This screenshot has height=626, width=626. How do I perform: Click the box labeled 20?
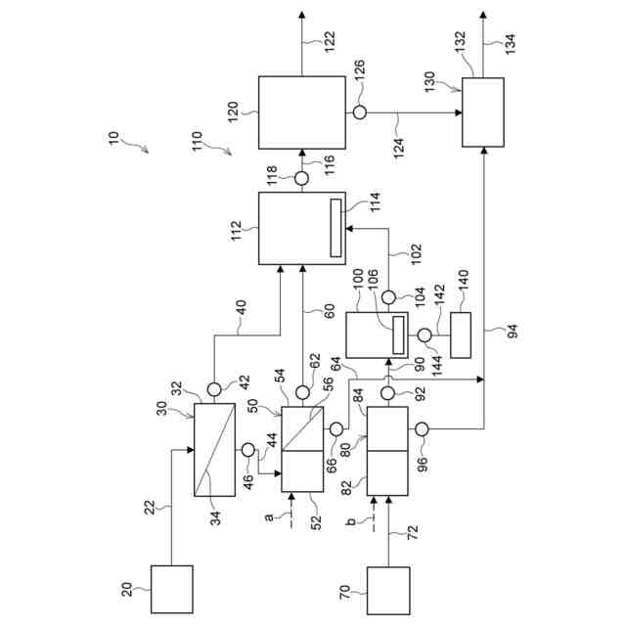coord(171,589)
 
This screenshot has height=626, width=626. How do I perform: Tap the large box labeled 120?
coord(301,112)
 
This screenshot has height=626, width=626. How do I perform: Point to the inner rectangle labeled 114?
coord(335,227)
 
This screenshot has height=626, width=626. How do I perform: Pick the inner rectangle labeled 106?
coord(398,334)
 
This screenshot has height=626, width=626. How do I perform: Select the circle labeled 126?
coord(360,112)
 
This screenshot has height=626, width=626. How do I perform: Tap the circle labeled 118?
coord(301,177)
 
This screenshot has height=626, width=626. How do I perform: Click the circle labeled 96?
coord(423,427)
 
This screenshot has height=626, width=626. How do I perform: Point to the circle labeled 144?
coord(424,335)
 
